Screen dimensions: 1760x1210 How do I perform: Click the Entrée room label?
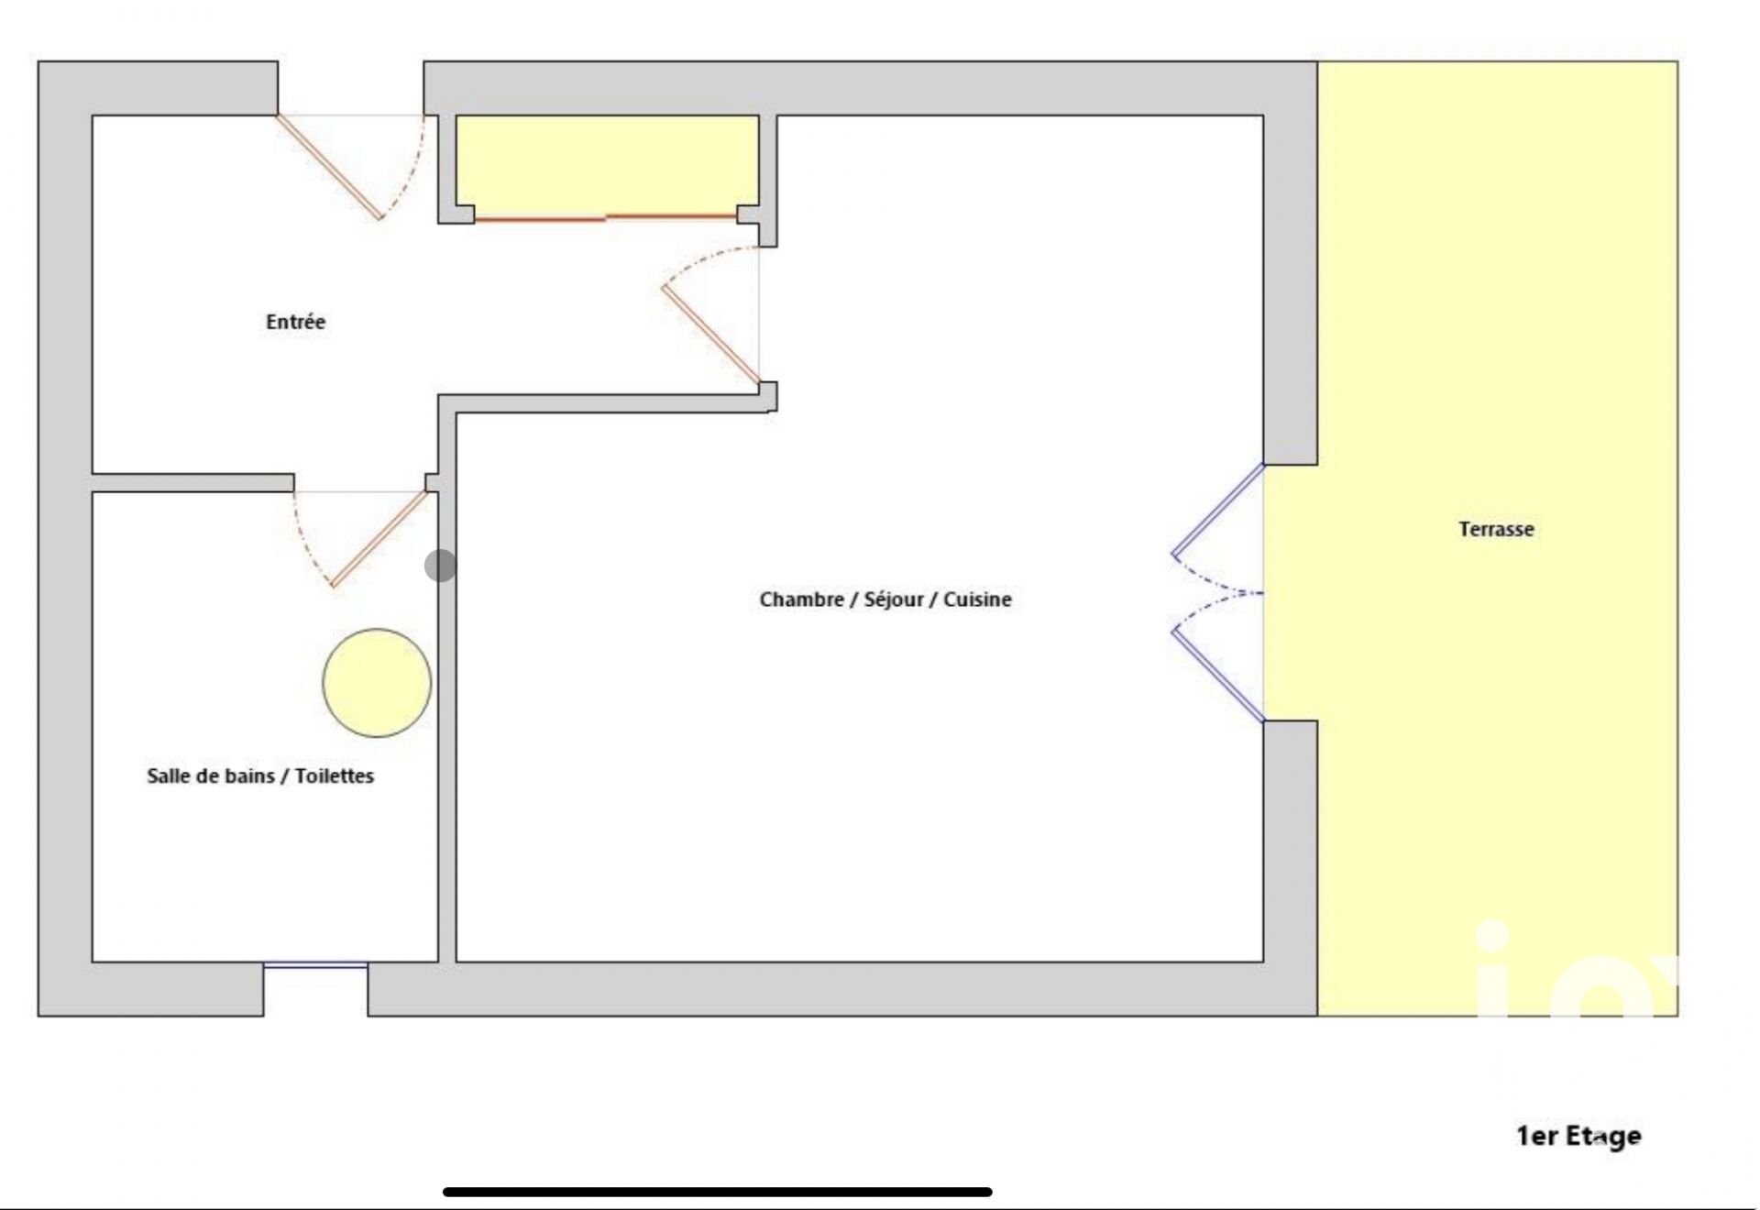tap(295, 322)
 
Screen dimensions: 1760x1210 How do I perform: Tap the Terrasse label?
tap(1496, 529)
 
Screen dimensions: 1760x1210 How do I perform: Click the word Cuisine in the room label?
tap(977, 599)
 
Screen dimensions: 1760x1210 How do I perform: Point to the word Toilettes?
tap(334, 775)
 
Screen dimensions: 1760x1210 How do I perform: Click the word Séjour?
tap(893, 599)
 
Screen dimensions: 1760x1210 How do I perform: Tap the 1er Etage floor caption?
tap(1578, 1137)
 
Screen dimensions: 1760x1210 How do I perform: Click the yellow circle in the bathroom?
tap(377, 683)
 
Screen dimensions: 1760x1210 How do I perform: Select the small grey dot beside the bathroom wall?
tap(440, 566)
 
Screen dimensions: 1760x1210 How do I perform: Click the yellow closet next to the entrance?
tap(607, 165)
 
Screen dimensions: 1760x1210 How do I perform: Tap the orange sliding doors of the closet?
tap(606, 218)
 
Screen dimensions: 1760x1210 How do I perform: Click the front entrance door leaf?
tap(328, 167)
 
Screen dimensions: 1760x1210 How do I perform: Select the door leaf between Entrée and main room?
tap(710, 335)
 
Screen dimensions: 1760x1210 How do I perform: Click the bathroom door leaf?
tap(379, 539)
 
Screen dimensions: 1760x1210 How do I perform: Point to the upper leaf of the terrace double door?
tap(1217, 511)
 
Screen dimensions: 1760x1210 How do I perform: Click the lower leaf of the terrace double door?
tap(1217, 675)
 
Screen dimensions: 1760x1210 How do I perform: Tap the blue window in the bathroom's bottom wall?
tap(315, 964)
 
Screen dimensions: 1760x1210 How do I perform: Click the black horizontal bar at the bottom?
tap(718, 1192)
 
